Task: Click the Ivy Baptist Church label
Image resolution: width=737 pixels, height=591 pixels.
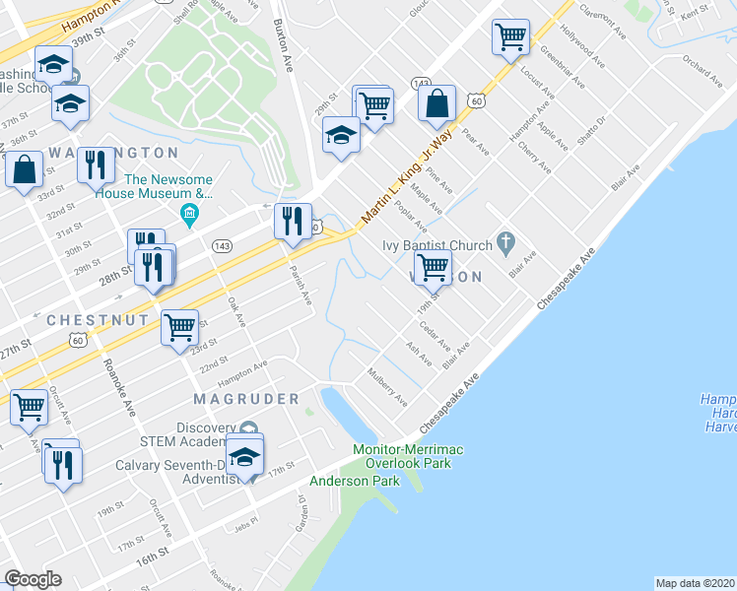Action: point(437,245)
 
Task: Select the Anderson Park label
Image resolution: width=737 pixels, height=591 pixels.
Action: point(355,481)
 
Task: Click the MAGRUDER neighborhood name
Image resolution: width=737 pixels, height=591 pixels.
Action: point(246,399)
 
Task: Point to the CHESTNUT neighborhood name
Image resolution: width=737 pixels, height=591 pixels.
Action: point(98,321)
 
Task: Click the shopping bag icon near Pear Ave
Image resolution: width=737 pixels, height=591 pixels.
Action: point(436,103)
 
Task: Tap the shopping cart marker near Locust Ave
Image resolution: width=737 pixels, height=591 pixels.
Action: point(510,38)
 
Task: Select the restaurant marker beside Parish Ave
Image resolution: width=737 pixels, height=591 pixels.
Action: point(293,222)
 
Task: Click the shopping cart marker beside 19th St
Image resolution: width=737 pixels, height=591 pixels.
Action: point(433,267)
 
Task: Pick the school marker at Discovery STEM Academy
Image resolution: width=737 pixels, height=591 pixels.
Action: point(244,457)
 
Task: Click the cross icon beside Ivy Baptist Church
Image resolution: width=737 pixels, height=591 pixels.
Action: point(505,240)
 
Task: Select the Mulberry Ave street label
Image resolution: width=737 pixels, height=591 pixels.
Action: point(386,387)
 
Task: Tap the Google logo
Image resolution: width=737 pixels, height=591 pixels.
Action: point(33,579)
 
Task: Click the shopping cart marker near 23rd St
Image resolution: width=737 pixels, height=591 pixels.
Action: point(179,326)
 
